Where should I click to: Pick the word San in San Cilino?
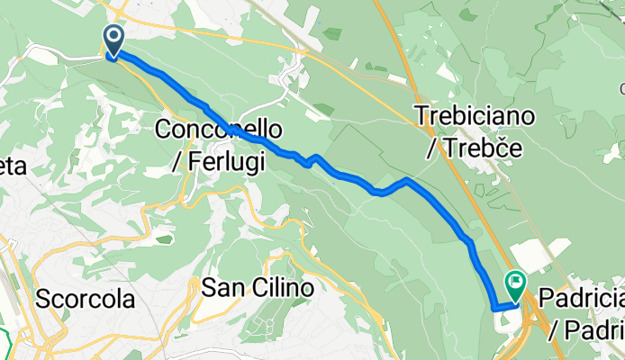(x=220, y=289)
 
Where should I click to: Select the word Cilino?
(x=276, y=289)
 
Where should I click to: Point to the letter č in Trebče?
(x=506, y=148)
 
